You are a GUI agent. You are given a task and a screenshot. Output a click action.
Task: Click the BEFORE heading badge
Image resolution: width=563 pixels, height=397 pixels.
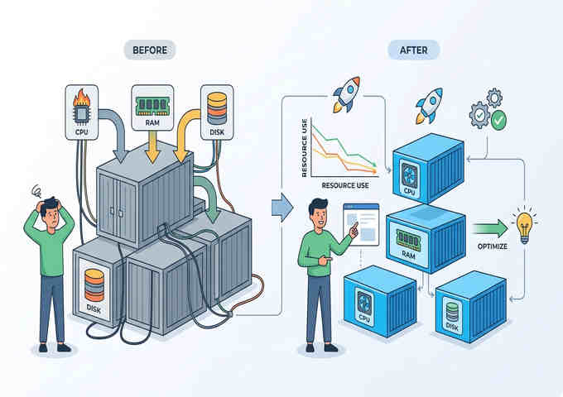[x=150, y=50]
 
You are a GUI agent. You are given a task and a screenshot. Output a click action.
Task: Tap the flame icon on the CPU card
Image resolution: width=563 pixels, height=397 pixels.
[x=81, y=106]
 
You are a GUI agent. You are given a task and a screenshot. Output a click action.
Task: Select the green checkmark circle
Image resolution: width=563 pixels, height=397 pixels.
[x=498, y=121]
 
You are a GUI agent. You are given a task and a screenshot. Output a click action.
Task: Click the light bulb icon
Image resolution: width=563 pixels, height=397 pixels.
[x=522, y=225]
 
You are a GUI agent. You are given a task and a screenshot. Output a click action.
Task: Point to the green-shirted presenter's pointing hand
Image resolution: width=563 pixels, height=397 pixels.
[x=355, y=232]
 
